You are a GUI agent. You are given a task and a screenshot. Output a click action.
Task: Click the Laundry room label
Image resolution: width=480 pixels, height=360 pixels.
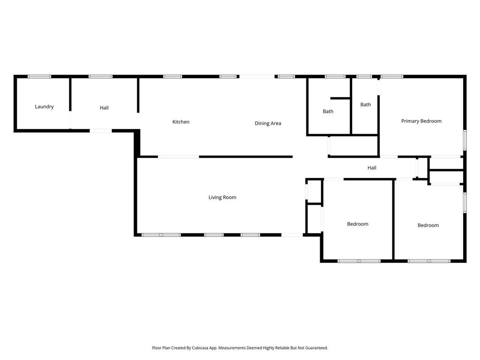pyautogui.click(x=44, y=107)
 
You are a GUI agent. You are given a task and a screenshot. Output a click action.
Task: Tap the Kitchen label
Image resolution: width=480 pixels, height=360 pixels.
pyautogui.click(x=181, y=122)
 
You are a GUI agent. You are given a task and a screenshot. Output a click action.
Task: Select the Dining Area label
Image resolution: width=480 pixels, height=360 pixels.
pyautogui.click(x=268, y=123)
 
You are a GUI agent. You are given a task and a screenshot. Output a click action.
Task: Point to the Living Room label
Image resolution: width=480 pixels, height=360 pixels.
pyautogui.click(x=222, y=197)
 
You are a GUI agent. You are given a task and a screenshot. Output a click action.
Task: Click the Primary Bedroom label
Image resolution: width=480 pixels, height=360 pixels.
pyautogui.click(x=421, y=121)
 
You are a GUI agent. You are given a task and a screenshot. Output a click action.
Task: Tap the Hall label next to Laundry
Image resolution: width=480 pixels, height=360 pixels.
pyautogui.click(x=104, y=108)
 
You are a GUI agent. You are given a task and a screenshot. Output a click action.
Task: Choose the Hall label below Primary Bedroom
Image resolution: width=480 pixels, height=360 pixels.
pyautogui.click(x=372, y=168)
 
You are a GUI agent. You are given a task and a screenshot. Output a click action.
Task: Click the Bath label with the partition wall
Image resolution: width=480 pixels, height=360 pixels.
pyautogui.click(x=328, y=112)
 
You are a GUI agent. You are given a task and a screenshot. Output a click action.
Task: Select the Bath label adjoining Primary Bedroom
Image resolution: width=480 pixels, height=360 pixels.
pyautogui.click(x=366, y=105)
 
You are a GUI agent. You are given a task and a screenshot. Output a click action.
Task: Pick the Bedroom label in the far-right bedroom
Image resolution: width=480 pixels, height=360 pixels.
pyautogui.click(x=428, y=225)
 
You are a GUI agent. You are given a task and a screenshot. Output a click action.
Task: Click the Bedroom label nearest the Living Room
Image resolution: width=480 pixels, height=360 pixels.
pyautogui.click(x=357, y=224)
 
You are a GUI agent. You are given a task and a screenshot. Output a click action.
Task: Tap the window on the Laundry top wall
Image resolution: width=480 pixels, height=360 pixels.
pyautogui.click(x=39, y=76)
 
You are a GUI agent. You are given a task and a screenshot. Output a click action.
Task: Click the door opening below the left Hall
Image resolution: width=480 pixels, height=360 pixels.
pyautogui.click(x=100, y=131)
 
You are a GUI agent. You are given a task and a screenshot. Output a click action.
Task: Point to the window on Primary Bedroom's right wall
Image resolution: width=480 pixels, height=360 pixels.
pyautogui.click(x=465, y=140)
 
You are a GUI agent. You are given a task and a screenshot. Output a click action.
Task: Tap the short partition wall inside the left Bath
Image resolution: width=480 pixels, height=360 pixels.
pyautogui.click(x=340, y=98)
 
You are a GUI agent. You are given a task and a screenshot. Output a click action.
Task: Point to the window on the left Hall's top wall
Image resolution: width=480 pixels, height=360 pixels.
pyautogui.click(x=100, y=76)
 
